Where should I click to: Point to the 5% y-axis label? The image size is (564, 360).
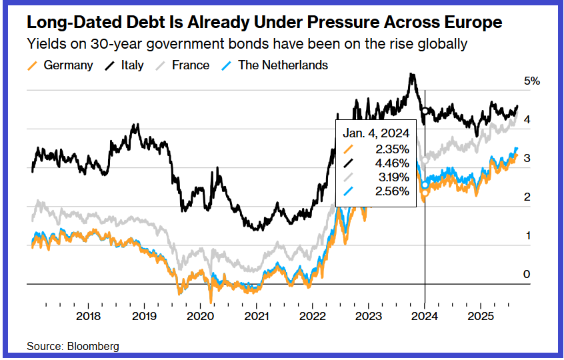[531, 81]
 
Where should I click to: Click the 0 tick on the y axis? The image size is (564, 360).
[527, 275]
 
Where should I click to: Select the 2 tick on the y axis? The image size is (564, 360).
[527, 197]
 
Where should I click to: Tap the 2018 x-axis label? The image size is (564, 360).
[89, 315]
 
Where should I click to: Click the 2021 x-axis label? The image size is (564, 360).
[257, 315]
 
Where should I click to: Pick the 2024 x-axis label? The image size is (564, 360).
[425, 315]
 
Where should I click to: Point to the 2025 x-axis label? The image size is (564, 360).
[481, 315]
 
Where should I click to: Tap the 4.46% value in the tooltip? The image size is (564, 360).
[392, 163]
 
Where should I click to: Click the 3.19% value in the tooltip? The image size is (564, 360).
[392, 177]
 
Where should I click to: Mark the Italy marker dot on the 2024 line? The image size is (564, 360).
[425, 110]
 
